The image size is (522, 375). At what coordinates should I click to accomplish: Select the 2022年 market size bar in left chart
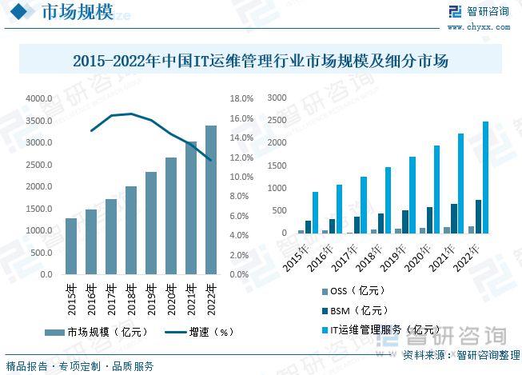210,200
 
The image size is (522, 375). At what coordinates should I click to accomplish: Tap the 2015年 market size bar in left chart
71,246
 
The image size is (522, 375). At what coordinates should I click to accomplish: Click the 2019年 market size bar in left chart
150,223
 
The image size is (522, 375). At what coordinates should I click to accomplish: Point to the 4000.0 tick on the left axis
38,98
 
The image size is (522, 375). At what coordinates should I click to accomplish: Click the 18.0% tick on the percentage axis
241,98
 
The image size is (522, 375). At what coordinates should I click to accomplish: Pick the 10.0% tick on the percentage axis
241,177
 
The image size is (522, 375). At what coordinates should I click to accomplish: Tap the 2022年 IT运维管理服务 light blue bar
485,178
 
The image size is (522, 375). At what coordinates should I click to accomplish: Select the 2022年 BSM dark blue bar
478,217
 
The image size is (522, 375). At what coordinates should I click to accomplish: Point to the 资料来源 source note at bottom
456,354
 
